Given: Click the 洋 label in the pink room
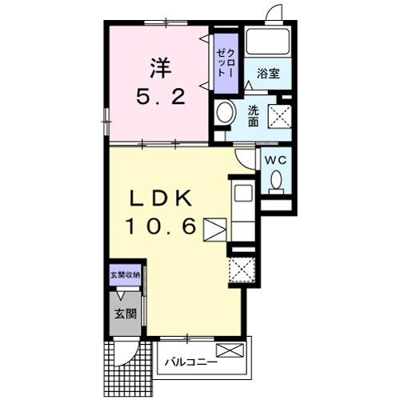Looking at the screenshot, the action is (161, 68).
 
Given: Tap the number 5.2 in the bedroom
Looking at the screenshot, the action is (161, 97).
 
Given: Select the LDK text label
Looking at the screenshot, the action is (161, 198).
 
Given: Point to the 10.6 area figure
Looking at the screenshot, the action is (161, 226).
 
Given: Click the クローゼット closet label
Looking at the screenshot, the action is (226, 63).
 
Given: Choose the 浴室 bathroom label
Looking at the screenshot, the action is (268, 74).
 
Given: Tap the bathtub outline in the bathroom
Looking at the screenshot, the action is (268, 42).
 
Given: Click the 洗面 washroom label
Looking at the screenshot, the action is (254, 116).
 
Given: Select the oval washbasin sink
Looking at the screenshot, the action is (226, 112).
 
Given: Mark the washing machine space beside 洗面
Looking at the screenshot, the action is (279, 117).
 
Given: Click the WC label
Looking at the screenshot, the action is (275, 160).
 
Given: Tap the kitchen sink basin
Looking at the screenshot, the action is (243, 193).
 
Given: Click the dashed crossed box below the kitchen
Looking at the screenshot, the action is (242, 270).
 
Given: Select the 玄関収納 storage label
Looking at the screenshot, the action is (126, 275).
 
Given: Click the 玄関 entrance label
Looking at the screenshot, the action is (126, 314).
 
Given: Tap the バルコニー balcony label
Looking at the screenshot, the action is (191, 362).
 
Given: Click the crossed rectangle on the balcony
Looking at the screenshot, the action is (230, 350).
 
